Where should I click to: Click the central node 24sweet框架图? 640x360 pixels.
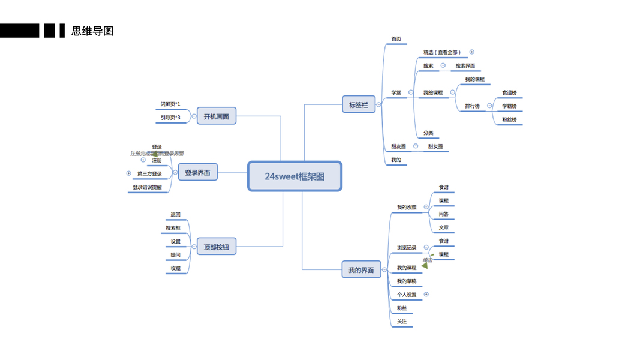pyautogui.click(x=295, y=176)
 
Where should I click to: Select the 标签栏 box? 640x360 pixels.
pyautogui.click(x=358, y=105)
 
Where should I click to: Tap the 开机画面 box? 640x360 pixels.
pyautogui.click(x=216, y=116)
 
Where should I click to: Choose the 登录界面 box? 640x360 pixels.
pyautogui.click(x=197, y=173)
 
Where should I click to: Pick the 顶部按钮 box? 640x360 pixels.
pyautogui.click(x=216, y=247)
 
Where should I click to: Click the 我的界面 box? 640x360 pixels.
pyautogui.click(x=360, y=270)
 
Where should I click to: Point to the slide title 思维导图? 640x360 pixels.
pyautogui.click(x=92, y=31)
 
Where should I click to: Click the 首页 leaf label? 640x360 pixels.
pyautogui.click(x=396, y=39)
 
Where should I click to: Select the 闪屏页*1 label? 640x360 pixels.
pyautogui.click(x=170, y=104)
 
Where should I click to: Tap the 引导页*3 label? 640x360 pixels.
pyautogui.click(x=170, y=118)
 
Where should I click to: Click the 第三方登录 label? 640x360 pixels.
pyautogui.click(x=149, y=174)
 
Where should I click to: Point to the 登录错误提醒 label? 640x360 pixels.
pyautogui.click(x=147, y=187)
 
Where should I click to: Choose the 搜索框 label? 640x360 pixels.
pyautogui.click(x=173, y=228)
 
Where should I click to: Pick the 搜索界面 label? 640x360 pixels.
pyautogui.click(x=465, y=66)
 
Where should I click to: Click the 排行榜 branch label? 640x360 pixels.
pyautogui.click(x=473, y=106)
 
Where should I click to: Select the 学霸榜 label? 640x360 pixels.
pyautogui.click(x=509, y=106)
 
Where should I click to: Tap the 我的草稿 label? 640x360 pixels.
pyautogui.click(x=406, y=281)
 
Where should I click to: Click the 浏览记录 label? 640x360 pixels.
pyautogui.click(x=406, y=248)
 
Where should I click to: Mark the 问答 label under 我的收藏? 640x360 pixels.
pyautogui.click(x=443, y=214)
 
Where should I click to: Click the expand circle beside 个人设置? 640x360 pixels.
pyautogui.click(x=426, y=295)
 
